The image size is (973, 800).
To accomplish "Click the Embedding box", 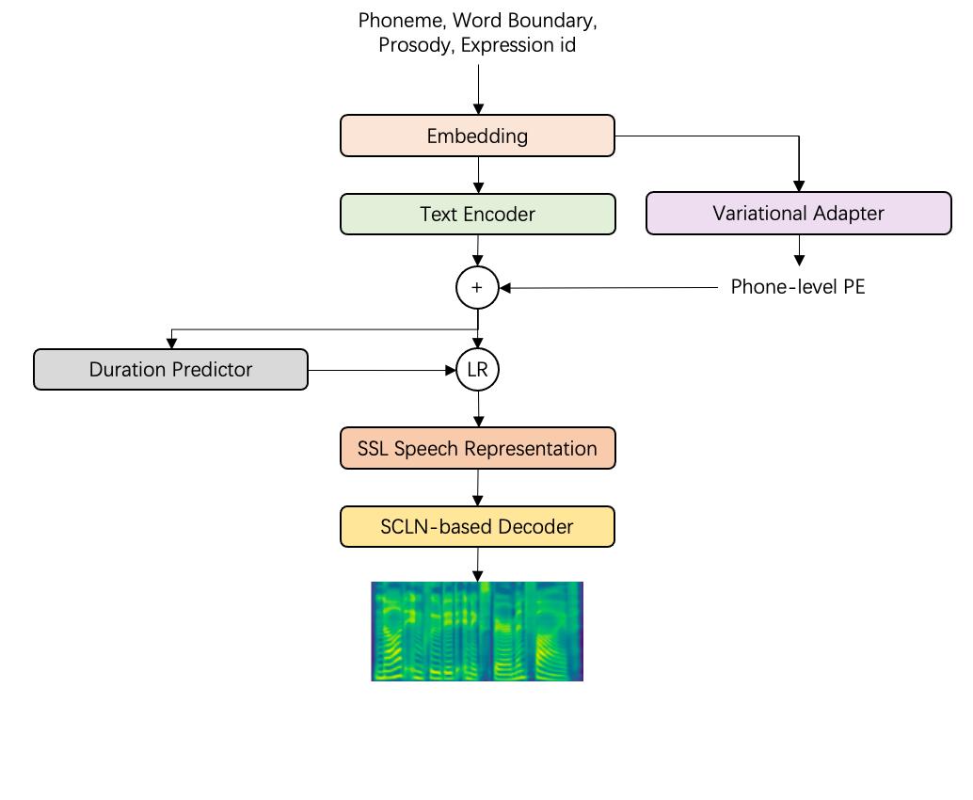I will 477,136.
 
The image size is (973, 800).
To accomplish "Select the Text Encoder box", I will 477,214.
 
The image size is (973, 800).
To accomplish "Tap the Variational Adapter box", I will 798,213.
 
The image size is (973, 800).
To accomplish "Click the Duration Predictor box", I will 170,369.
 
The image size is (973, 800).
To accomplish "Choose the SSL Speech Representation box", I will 477,448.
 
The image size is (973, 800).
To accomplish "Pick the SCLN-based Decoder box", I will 477,526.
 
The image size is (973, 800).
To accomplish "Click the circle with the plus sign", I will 477,288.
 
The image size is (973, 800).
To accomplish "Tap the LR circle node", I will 477,370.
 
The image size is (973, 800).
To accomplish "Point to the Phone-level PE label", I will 797,287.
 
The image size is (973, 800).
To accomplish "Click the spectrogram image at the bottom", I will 477,632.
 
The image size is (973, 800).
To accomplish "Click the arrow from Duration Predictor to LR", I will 381,370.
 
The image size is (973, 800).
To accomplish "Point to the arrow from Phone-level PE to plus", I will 612,288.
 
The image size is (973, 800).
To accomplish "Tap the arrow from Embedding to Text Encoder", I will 478,175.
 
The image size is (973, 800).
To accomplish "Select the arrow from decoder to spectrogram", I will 478,564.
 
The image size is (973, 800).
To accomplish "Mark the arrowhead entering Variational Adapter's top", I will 799,186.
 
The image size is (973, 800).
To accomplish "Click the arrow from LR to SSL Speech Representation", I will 478,409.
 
